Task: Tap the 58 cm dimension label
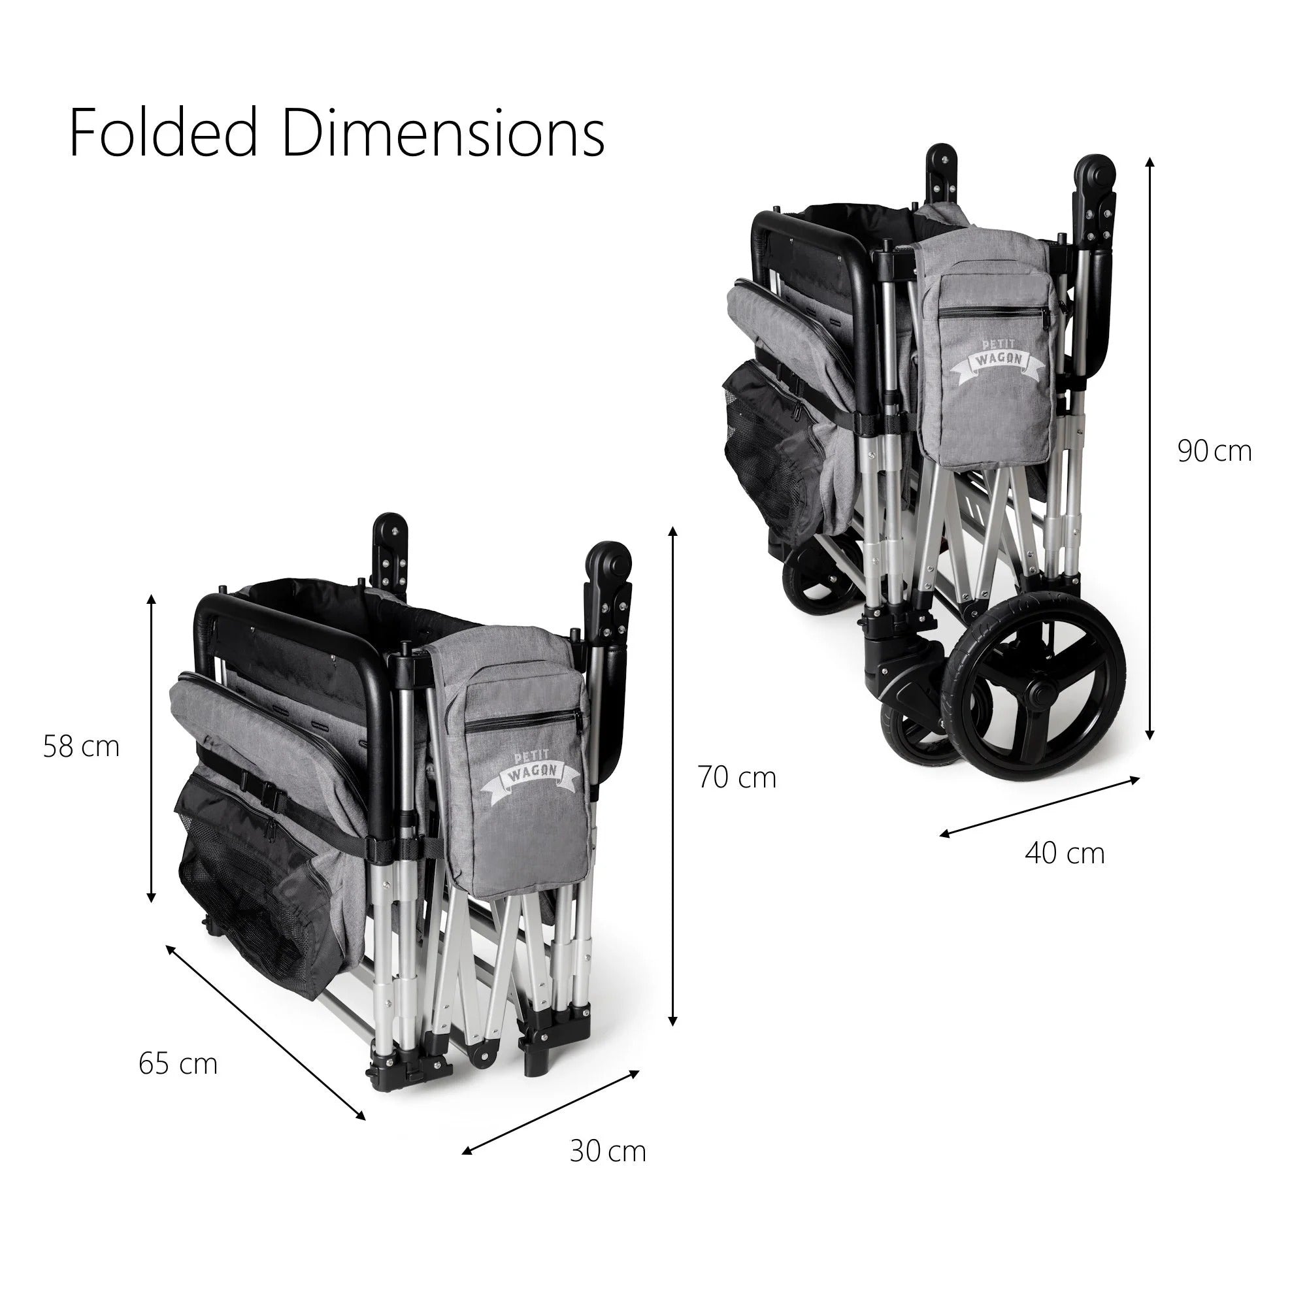(81, 747)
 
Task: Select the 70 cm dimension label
(737, 778)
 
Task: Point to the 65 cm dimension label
(178, 1064)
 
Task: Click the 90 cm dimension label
(1215, 451)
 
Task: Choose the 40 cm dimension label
(1065, 853)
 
